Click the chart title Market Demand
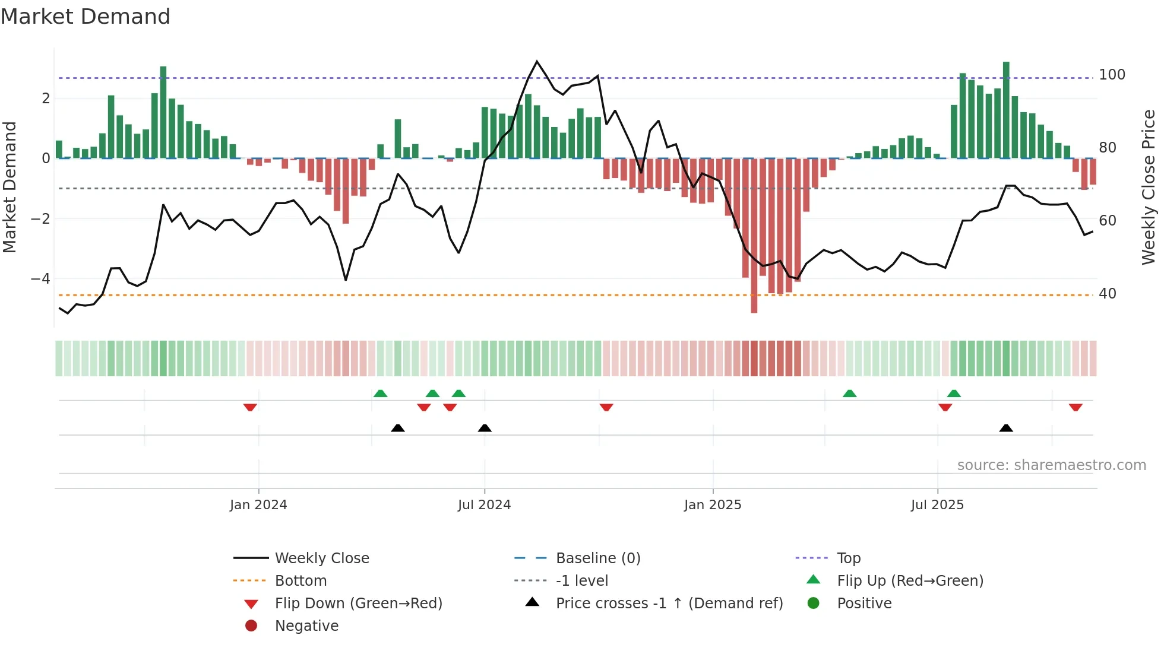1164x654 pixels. click(86, 17)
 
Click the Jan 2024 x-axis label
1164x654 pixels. click(258, 505)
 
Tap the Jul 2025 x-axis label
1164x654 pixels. click(937, 505)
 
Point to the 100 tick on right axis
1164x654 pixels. click(1112, 75)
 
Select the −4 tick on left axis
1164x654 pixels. click(40, 279)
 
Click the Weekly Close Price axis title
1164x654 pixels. click(1149, 187)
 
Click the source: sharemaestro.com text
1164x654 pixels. click(1051, 465)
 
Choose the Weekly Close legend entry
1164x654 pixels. click(321, 558)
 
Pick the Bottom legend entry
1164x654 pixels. click(301, 581)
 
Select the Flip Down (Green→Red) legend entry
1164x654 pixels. click(358, 604)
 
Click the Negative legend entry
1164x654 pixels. click(306, 626)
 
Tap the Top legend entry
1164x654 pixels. click(849, 558)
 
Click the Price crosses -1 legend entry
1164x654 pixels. click(669, 604)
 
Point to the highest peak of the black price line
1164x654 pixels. click(537, 61)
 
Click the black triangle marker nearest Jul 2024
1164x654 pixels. click(485, 428)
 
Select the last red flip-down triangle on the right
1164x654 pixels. click(1076, 407)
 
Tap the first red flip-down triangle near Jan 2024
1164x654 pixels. click(250, 407)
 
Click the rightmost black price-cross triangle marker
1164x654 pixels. click(1006, 428)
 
